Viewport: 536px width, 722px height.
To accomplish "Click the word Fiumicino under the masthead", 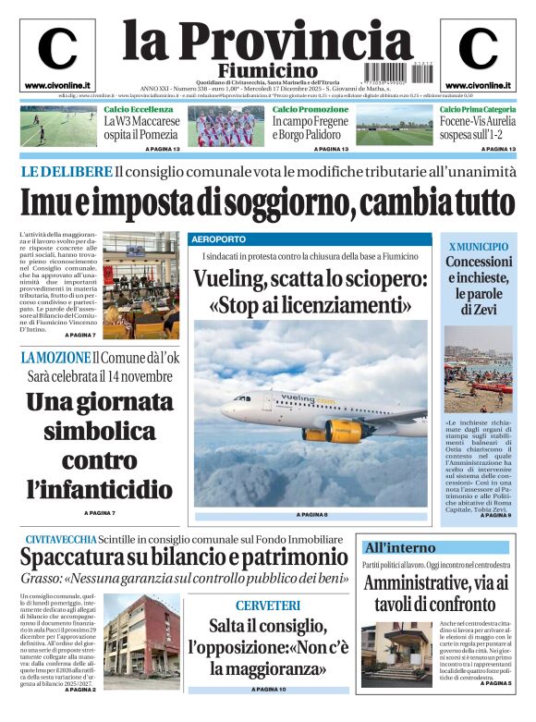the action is click(x=267, y=71).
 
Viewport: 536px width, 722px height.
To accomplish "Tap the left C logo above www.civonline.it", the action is click(x=57, y=50).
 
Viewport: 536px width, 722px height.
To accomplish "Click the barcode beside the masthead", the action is click(x=394, y=71).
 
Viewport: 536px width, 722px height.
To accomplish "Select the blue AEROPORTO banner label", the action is click(x=221, y=239).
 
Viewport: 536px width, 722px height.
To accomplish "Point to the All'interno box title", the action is click(x=399, y=546).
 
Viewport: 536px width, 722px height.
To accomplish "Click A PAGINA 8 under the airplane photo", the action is click(x=312, y=514).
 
